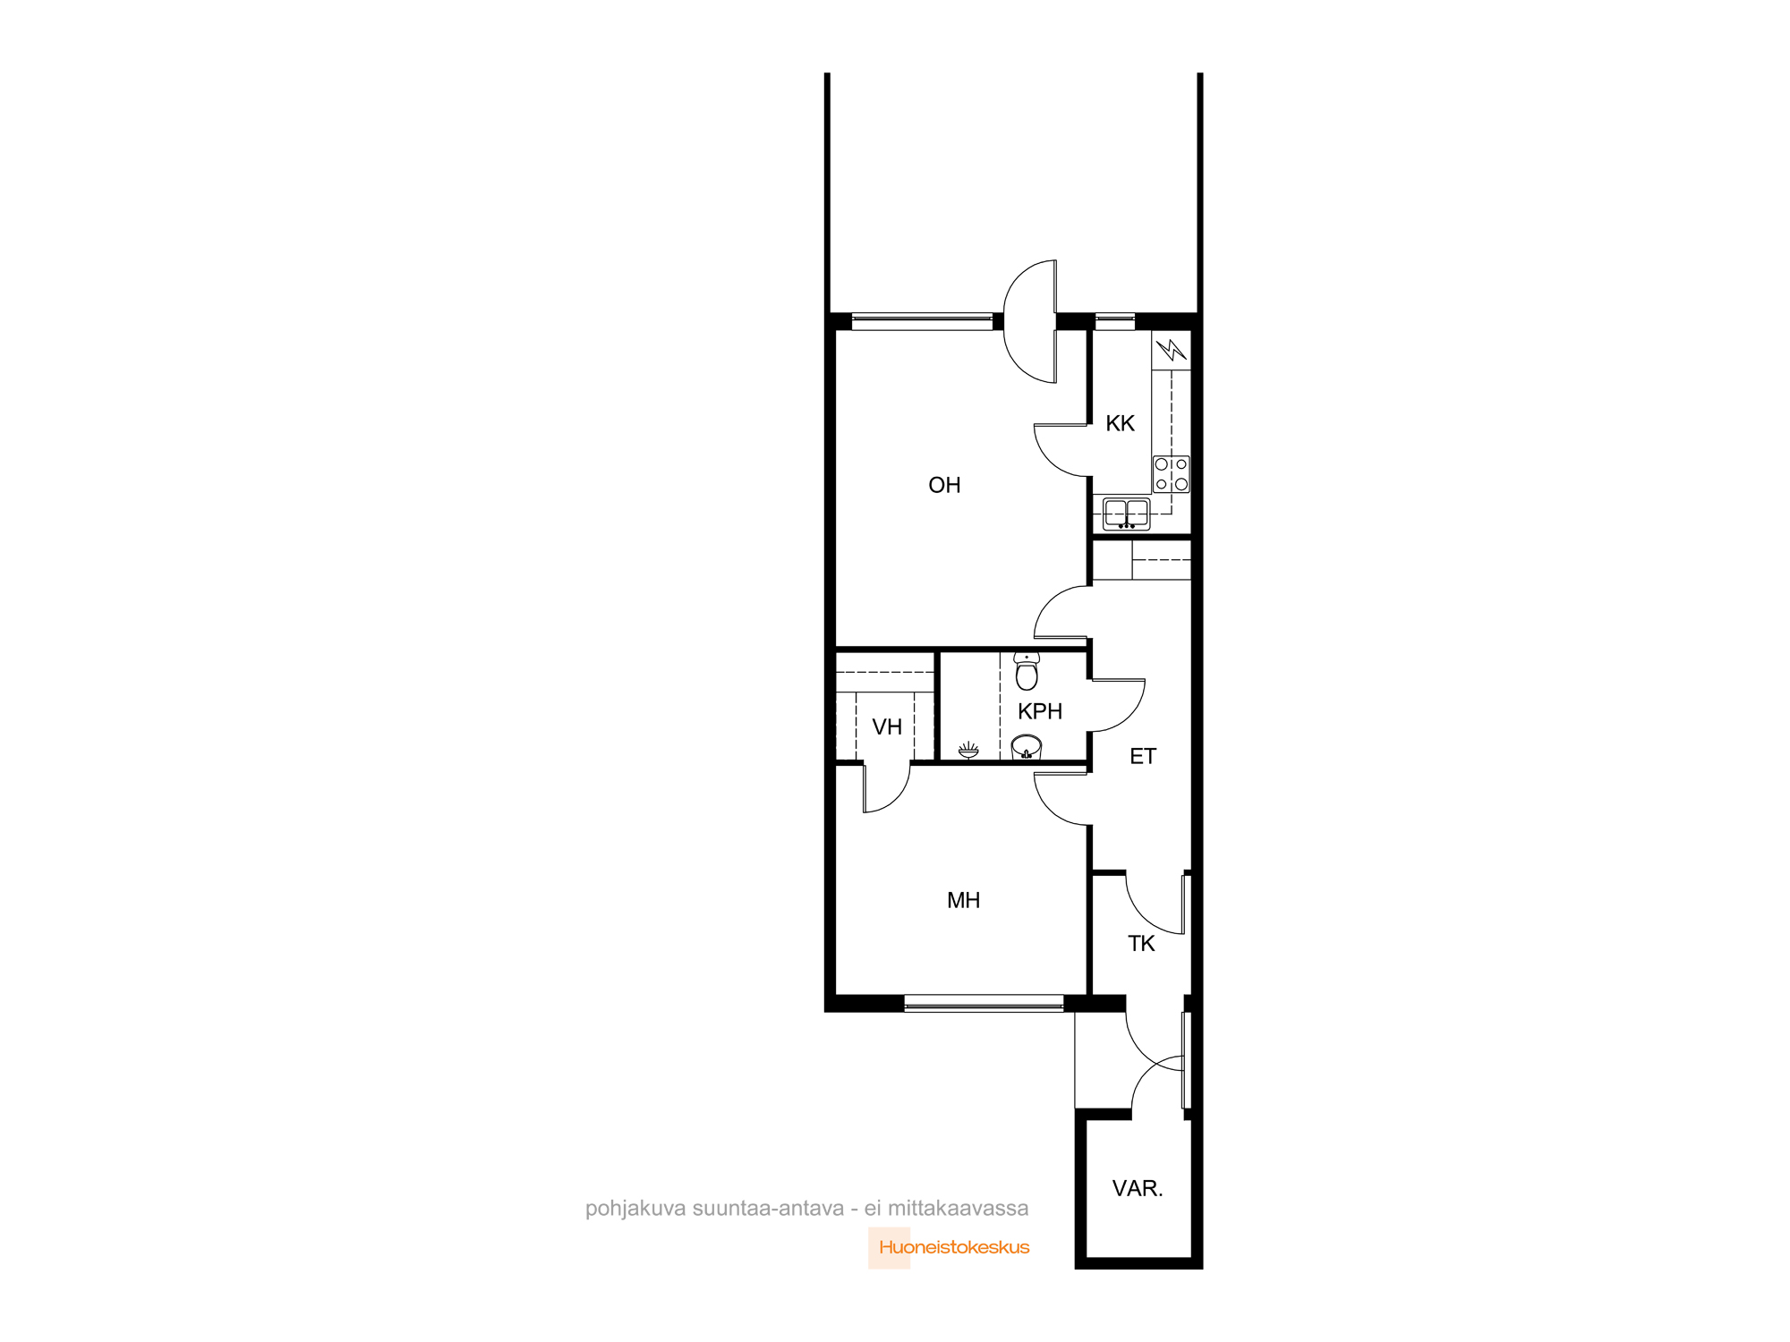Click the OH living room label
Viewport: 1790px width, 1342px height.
944,485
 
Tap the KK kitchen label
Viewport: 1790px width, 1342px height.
1120,423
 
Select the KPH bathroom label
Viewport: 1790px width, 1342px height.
1040,711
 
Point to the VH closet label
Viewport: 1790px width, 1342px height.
887,726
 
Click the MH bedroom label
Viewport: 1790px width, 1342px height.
963,900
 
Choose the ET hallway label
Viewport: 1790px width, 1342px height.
1143,756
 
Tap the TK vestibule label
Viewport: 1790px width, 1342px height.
1141,943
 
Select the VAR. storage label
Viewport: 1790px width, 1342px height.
1138,1188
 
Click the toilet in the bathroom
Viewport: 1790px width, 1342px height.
1027,671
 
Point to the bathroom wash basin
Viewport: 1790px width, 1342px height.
1027,747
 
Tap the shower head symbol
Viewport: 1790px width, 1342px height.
968,750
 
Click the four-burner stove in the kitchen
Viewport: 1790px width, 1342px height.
1171,474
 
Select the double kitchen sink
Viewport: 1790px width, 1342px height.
1126,514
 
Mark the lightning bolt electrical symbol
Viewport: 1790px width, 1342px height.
1171,349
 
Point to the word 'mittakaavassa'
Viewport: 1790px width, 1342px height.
959,1208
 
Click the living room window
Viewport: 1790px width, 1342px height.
922,321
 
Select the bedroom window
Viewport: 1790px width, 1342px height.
984,1003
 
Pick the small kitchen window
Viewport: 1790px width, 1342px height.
1115,321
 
